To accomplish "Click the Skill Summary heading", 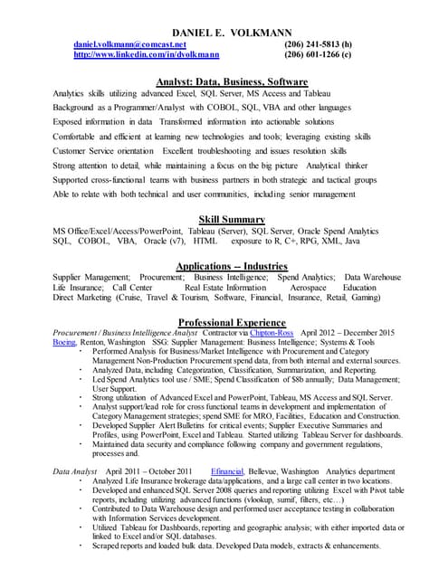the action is click(231, 219).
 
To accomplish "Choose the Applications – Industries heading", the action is click(231, 265).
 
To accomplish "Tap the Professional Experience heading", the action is click(231, 322).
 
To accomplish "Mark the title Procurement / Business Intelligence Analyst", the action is click(131, 332).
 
